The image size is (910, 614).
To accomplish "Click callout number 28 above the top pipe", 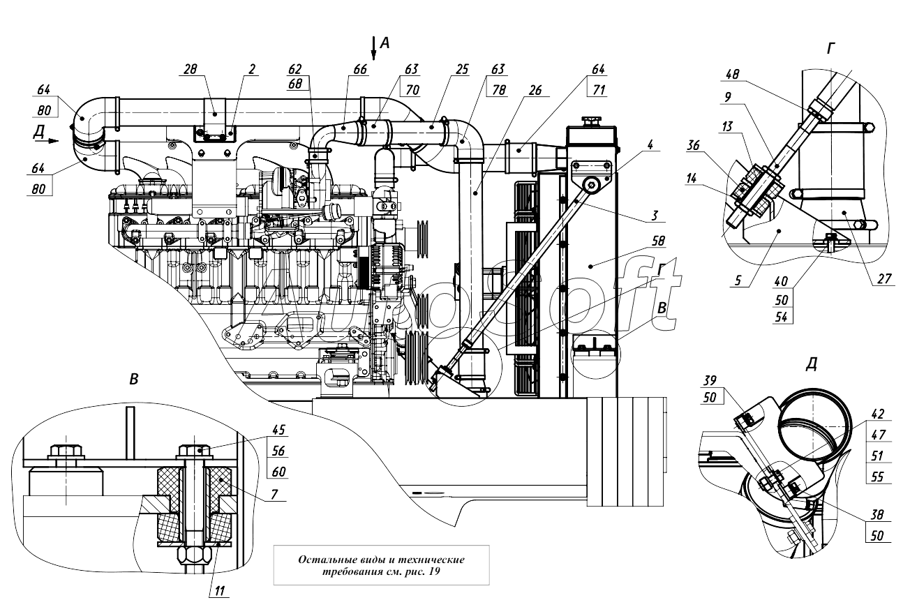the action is point(190,69).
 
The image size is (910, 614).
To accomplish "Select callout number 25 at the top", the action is point(462,70).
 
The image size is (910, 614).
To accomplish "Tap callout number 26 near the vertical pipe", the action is point(535,90).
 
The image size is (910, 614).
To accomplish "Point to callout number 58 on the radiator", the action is point(658,241).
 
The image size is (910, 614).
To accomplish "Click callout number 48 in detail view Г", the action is point(733,75).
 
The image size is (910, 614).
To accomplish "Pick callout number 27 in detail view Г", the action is point(884,278).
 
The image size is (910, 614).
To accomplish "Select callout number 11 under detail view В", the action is point(219,590).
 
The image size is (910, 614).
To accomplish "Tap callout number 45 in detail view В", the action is point(278,430).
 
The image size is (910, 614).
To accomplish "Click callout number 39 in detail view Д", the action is point(710,380).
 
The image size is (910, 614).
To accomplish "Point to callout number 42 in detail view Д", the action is point(877,414).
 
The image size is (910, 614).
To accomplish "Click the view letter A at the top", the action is point(385,43).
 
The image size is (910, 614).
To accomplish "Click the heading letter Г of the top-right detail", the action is point(831,49).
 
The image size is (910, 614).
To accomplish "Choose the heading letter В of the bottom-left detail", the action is point(134,380).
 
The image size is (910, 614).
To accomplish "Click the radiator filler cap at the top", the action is point(592,121).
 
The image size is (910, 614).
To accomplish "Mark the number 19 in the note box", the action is point(434,571).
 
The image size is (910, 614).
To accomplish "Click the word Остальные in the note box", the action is point(327,560).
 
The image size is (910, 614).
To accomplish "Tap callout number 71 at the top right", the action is point(599,90).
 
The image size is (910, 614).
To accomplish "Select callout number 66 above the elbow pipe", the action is point(360,70).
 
